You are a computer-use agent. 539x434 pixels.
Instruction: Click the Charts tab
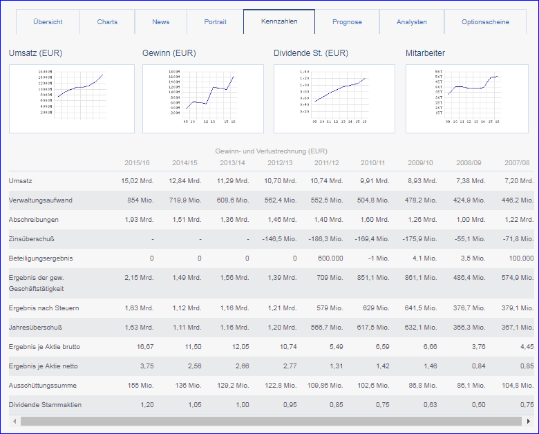107,22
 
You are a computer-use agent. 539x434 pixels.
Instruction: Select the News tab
161,22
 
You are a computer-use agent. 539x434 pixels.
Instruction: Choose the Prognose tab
347,22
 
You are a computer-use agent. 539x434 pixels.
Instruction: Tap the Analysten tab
412,22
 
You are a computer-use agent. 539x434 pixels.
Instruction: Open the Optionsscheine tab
486,22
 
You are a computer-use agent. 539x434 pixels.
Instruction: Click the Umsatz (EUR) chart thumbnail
71,99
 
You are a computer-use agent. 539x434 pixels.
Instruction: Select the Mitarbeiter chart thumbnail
466,99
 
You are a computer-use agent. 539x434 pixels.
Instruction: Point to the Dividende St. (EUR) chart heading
311,53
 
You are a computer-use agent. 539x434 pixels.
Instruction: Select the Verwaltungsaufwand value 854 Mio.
141,200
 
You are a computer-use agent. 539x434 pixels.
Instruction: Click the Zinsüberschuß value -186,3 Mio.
327,239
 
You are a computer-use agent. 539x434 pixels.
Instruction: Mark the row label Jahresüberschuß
37,328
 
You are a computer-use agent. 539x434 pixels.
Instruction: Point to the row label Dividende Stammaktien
45,404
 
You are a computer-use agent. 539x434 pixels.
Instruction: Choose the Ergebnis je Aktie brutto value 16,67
143,347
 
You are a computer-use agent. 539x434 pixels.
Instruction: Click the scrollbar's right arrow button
529,421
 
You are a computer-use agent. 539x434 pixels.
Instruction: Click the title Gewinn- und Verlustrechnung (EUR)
272,151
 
